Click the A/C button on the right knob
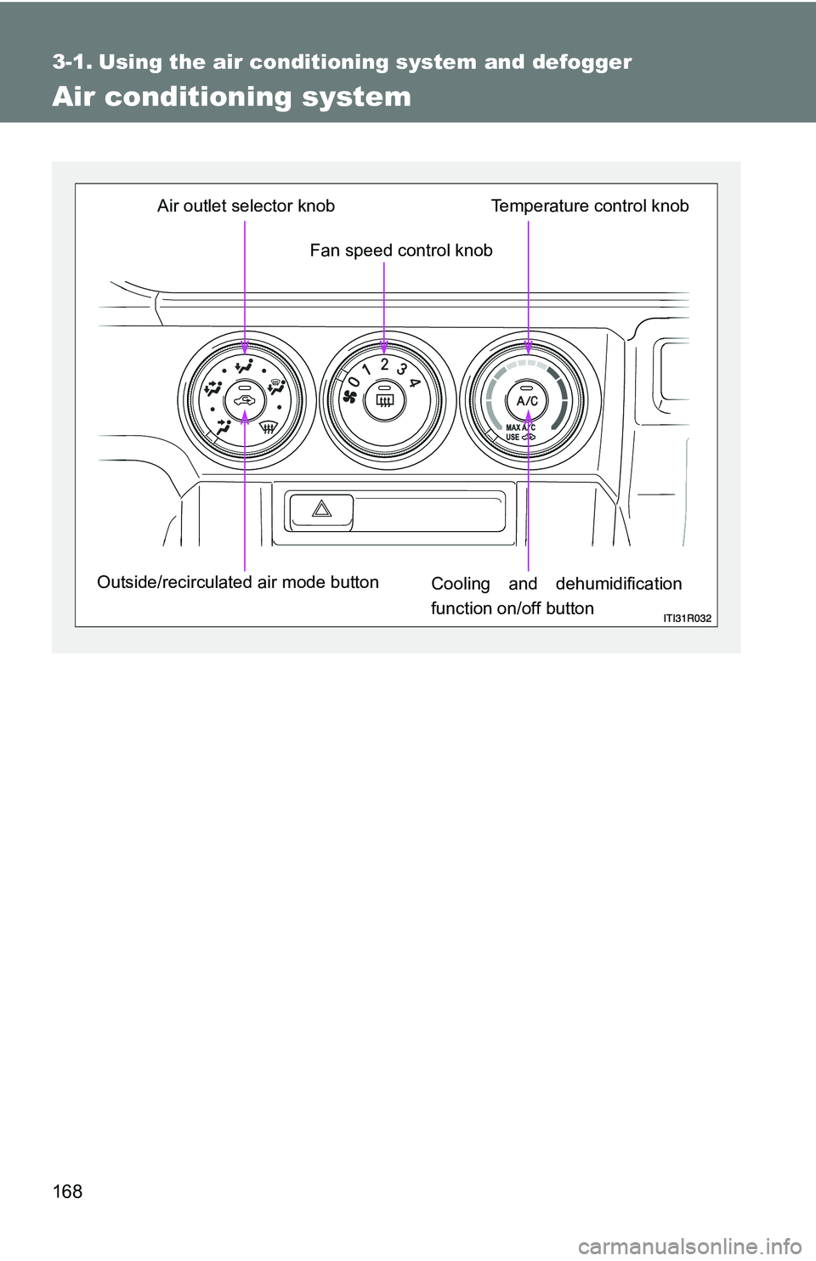tap(528, 400)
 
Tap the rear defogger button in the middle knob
tap(384, 400)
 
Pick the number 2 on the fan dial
tap(384, 365)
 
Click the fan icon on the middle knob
tap(349, 398)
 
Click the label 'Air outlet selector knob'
tap(246, 206)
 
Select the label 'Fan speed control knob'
tap(401, 250)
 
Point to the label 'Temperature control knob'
tap(590, 206)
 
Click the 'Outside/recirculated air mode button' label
tap(238, 582)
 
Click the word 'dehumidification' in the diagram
tap(618, 584)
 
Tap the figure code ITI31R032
tap(687, 618)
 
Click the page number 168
tap(68, 1192)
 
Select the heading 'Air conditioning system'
tap(231, 97)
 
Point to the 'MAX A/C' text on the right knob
tap(520, 428)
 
